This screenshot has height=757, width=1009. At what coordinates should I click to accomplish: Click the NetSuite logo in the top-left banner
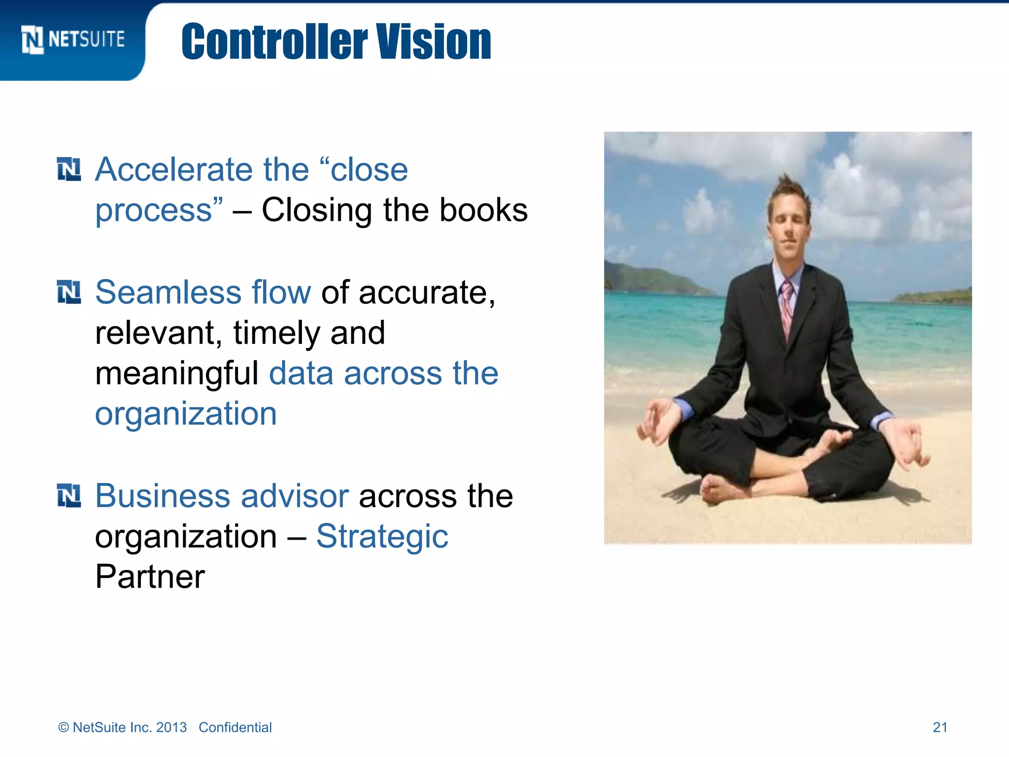(73, 39)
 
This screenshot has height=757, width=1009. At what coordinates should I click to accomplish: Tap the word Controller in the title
(274, 42)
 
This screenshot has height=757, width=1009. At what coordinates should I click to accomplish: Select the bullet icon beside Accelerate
(69, 170)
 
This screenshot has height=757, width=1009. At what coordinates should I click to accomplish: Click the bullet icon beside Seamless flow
(69, 292)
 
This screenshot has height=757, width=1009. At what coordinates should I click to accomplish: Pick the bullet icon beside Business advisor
(69, 495)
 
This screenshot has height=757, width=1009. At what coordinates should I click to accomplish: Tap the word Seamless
(168, 292)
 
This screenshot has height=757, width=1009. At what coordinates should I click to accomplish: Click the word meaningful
(176, 374)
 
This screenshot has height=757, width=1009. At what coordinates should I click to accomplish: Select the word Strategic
(382, 536)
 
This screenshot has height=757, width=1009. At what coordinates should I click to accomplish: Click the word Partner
(150, 577)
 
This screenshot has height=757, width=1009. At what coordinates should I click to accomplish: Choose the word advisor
(295, 496)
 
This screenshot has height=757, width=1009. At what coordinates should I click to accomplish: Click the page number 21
(940, 727)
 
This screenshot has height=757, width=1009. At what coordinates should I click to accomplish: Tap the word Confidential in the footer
(235, 727)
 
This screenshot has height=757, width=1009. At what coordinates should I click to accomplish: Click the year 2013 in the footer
(171, 727)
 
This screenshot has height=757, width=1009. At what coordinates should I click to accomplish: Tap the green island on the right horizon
(934, 296)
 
